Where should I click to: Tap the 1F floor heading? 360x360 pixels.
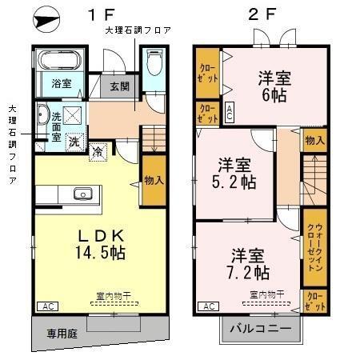pyautogui.click(x=103, y=15)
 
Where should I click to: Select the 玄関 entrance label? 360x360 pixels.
pyautogui.click(x=119, y=86)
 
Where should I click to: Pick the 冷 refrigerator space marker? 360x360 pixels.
pyautogui.click(x=97, y=150)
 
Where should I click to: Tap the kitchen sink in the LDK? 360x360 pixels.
pyautogui.click(x=82, y=194)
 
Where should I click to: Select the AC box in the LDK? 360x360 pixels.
pyautogui.click(x=46, y=306)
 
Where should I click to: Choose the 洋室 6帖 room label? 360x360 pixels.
pyautogui.click(x=274, y=86)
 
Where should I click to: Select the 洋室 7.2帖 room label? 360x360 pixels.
pyautogui.click(x=250, y=264)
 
